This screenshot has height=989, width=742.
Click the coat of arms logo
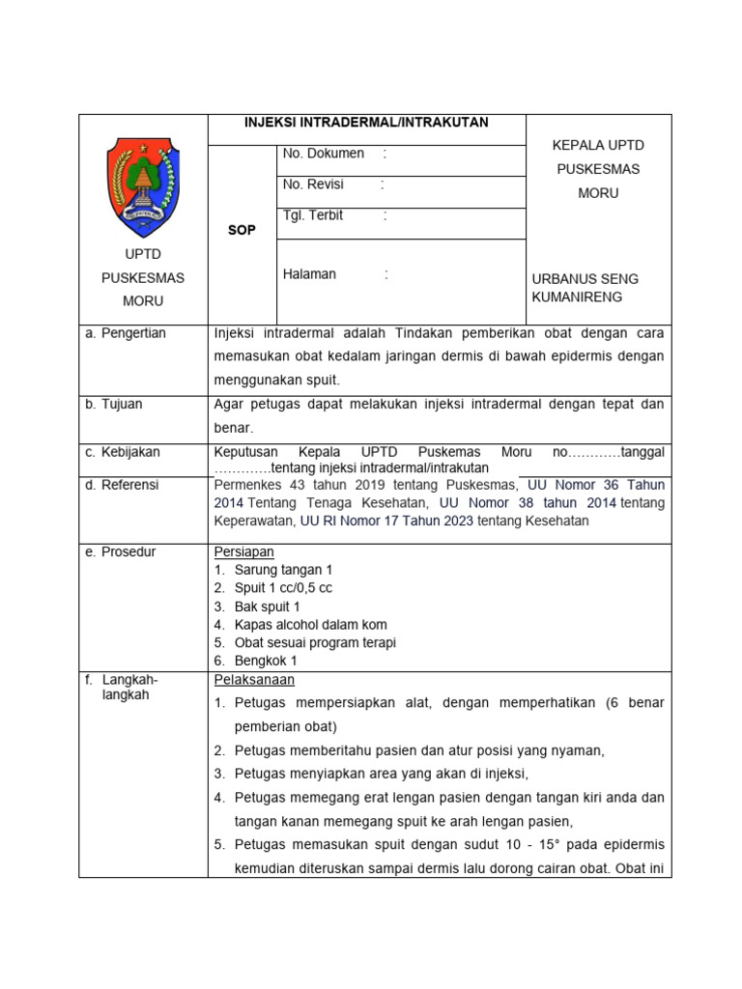pos(143,187)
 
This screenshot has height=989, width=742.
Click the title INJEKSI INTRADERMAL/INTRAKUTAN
pos(367,123)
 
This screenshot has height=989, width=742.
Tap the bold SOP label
pos(242,231)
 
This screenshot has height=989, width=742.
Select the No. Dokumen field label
pos(323,154)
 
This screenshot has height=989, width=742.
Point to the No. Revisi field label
pos(313,184)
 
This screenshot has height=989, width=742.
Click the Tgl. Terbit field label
pos(313,215)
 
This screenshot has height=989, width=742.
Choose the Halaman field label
pos(309,274)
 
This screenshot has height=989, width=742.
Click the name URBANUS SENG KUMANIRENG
pos(585,288)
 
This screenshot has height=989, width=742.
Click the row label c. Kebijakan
pos(123,452)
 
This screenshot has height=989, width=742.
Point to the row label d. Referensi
pos(122,485)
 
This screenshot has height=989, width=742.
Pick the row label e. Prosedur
pos(121,552)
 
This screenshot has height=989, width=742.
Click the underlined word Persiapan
pos(243,552)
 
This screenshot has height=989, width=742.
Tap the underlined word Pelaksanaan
pos(253,680)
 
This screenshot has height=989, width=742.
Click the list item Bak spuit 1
pos(268,607)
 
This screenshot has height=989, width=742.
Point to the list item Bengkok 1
pos(266,661)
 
